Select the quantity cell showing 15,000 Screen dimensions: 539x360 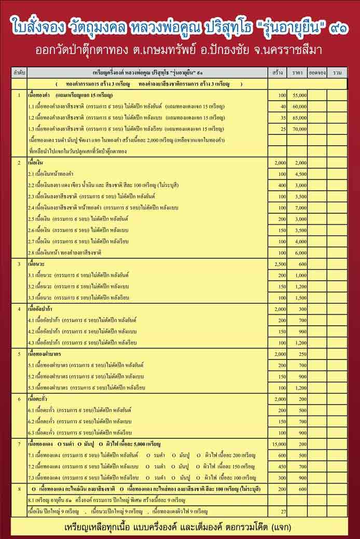(x=279, y=445)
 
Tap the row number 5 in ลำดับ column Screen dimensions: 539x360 (x=19, y=354)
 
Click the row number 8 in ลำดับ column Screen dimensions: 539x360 (x=19, y=489)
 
